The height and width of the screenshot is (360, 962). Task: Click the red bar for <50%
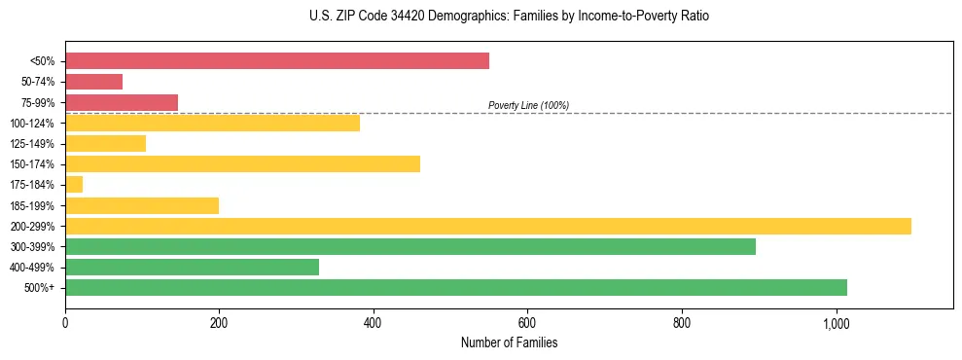coord(277,61)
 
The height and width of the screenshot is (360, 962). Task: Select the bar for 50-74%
coord(93,82)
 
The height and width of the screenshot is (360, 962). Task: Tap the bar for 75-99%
coord(122,102)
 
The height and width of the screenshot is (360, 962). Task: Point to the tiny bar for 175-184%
coord(74,184)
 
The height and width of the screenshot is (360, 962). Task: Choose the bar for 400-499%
coord(192,267)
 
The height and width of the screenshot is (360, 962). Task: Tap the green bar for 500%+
coord(456,287)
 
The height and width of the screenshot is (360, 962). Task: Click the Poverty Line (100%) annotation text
coord(528,105)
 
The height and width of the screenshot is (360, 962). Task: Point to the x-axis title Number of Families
coord(509,342)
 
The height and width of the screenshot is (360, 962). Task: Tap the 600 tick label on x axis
coord(527,323)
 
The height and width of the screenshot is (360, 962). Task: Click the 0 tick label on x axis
coord(65,323)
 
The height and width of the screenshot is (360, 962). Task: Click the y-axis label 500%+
coord(40,288)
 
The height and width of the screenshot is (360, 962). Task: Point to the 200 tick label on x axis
coord(219,323)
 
